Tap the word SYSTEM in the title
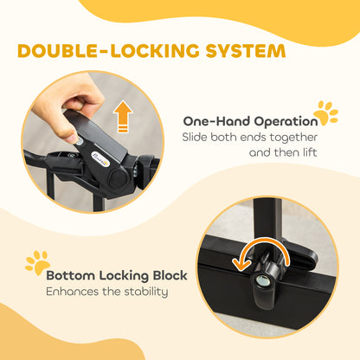[x=246, y=50]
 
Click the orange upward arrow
[x=123, y=116]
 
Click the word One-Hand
[x=217, y=121]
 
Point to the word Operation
[x=286, y=122]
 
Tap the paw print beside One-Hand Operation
[x=325, y=113]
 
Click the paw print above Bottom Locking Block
[x=38, y=262]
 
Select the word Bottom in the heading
[x=71, y=275]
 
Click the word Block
[x=170, y=275]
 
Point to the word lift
[x=309, y=152]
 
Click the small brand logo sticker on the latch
[x=100, y=159]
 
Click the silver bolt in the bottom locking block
[x=264, y=280]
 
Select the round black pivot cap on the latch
[x=118, y=178]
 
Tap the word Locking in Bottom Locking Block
[x=124, y=276]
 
